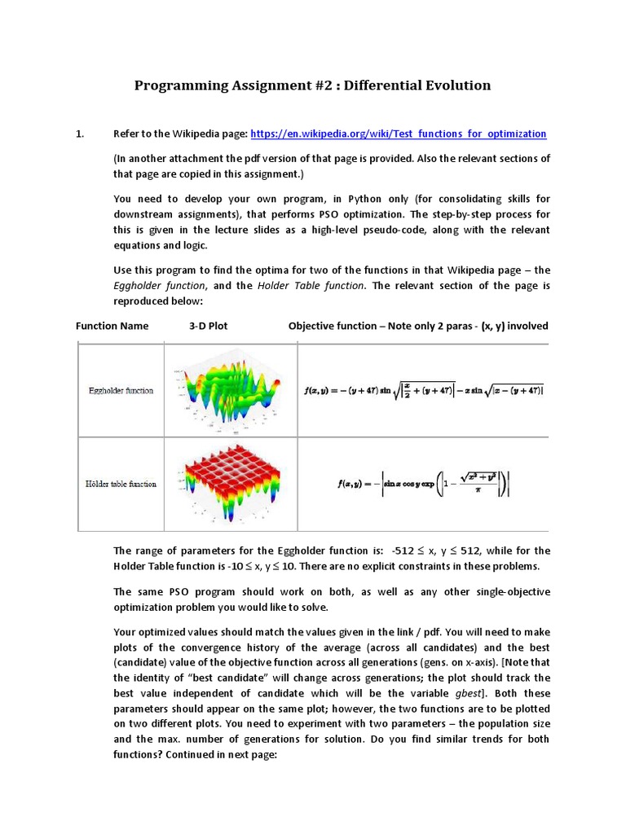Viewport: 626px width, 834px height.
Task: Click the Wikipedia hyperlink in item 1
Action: pyautogui.click(x=398, y=134)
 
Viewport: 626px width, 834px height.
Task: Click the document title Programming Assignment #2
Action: pyautogui.click(x=312, y=85)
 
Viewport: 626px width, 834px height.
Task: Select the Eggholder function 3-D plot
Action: pyautogui.click(x=231, y=390)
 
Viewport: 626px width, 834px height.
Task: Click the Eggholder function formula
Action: pyautogui.click(x=423, y=390)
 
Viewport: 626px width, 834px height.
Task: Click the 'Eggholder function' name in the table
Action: pyautogui.click(x=121, y=391)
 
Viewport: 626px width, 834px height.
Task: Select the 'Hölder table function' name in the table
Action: pyautogui.click(x=121, y=484)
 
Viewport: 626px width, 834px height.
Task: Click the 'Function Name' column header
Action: pyautogui.click(x=112, y=326)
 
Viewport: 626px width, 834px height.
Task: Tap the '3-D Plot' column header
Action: pyautogui.click(x=208, y=326)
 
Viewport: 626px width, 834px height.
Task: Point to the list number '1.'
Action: pyautogui.click(x=80, y=134)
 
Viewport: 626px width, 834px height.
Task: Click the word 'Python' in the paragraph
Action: pyautogui.click(x=349, y=198)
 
